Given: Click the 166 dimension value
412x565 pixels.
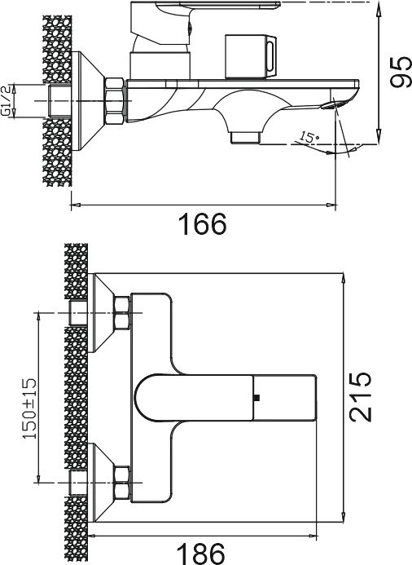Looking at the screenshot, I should click(x=203, y=223).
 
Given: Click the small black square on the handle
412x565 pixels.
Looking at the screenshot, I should click(x=256, y=398).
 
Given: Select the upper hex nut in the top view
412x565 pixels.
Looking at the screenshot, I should click(x=122, y=313).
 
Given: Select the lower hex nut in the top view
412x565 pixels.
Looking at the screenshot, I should click(x=122, y=481).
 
